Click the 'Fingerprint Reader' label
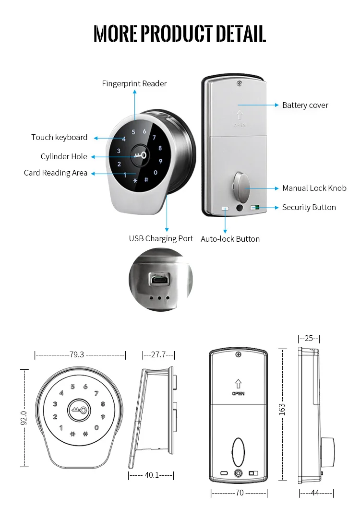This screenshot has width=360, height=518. tap(134, 83)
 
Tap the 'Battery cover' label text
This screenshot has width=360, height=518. tap(305, 105)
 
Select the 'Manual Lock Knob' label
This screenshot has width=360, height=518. tap(314, 188)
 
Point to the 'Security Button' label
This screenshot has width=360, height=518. tap(309, 207)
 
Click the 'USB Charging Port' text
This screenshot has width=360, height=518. tap(161, 238)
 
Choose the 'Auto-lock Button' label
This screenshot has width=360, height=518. tap(230, 239)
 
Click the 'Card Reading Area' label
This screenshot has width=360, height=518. tap(56, 173)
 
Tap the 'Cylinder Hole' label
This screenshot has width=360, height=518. tap(64, 156)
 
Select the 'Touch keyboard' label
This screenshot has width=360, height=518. tap(60, 137)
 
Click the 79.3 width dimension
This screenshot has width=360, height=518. tap(77, 355)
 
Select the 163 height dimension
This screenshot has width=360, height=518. tap(282, 409)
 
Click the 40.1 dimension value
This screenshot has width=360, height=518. tap(152, 475)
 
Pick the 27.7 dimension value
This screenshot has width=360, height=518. tap(158, 355)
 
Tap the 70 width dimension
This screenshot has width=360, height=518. tap(239, 493)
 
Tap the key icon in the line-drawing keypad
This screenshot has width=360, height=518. tap(79, 410)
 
